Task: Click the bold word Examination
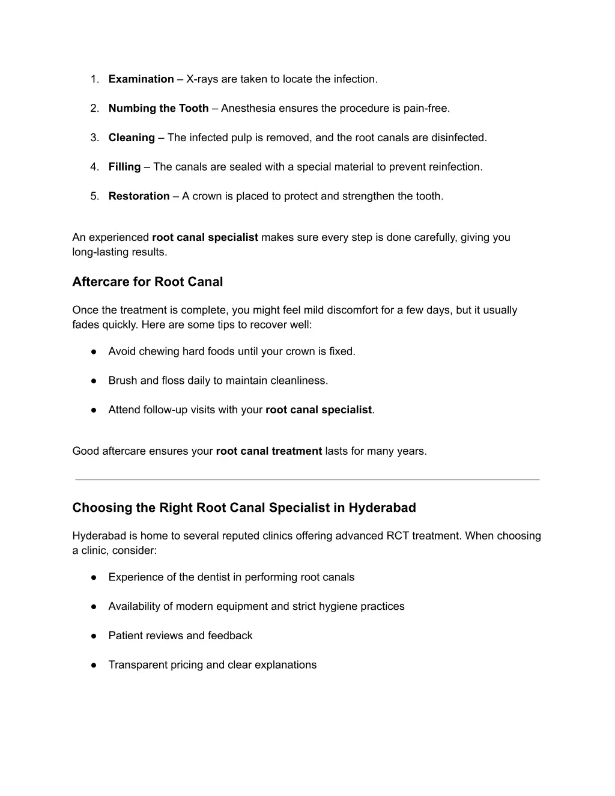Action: [x=141, y=79]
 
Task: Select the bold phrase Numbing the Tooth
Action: [x=159, y=109]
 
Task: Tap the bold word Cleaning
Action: [x=132, y=138]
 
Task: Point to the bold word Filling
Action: [x=124, y=167]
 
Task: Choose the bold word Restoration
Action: [x=139, y=196]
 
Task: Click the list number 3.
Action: [x=94, y=138]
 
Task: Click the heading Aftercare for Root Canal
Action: [x=147, y=282]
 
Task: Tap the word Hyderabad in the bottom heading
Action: [x=382, y=508]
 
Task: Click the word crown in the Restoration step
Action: [x=207, y=196]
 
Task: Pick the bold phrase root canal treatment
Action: [x=268, y=451]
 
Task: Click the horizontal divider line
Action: [x=307, y=479]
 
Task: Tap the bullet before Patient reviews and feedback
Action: [x=94, y=636]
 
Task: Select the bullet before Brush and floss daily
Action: [x=94, y=381]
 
